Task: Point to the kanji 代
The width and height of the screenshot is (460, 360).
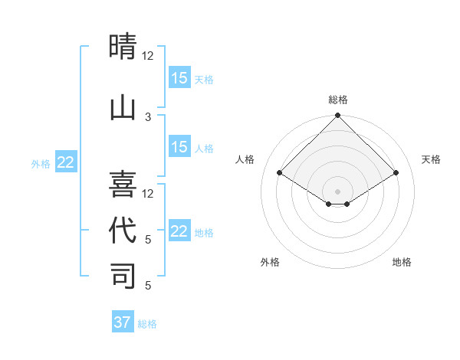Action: coord(123,230)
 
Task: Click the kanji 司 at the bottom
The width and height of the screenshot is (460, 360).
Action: coord(123,276)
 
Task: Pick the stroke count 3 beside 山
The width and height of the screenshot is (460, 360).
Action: coord(148,116)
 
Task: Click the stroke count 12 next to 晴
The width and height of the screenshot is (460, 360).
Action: coord(148,55)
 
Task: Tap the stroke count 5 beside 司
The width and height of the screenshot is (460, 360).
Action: coord(148,286)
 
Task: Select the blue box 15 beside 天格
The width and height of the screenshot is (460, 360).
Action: coord(179,77)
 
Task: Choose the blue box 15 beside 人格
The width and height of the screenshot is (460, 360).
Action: coord(179,147)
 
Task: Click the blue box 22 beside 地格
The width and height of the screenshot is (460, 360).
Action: coord(179,231)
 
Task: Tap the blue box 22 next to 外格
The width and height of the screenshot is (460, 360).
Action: coord(66,162)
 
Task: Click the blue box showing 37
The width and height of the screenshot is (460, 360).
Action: coord(123,322)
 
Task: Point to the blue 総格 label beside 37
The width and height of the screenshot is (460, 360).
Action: coord(147,324)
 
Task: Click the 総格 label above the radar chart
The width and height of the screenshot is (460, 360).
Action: coord(337,100)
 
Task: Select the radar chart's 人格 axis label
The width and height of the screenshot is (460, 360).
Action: coord(245,159)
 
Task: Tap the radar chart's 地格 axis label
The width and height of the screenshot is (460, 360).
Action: coord(402,262)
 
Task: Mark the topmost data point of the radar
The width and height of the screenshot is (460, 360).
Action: coord(337,116)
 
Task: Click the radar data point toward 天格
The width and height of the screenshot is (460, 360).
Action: coord(396,173)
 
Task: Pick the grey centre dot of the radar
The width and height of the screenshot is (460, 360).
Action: coord(337,191)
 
